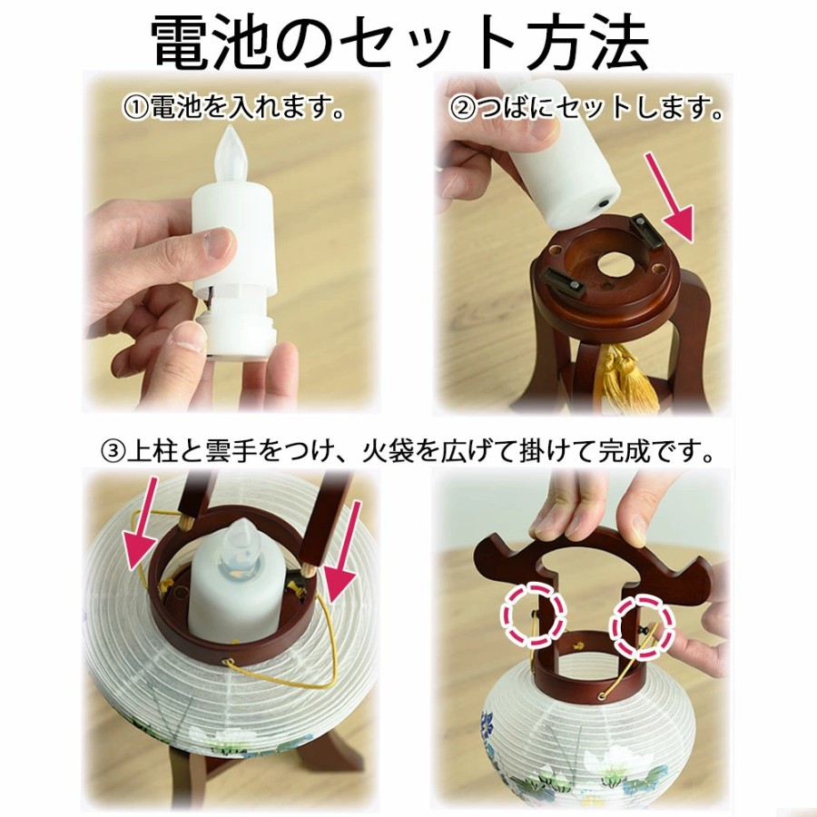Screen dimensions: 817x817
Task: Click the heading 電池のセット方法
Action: pos(400,44)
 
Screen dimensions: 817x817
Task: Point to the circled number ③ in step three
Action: pos(112,451)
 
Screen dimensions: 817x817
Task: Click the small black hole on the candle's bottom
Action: pos(605,201)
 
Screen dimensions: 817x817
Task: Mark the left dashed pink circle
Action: pos(533,614)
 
